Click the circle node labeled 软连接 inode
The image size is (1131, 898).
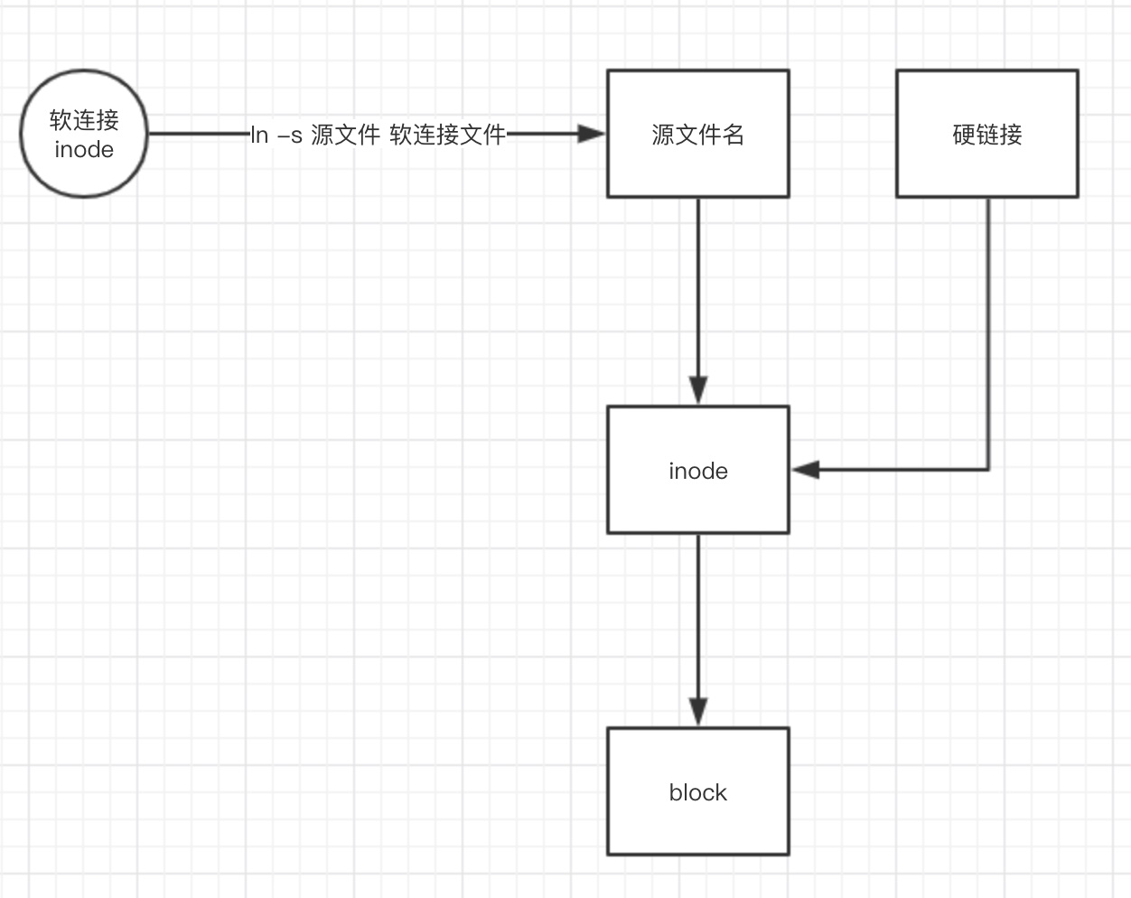pos(84,134)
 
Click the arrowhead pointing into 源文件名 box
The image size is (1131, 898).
pos(592,134)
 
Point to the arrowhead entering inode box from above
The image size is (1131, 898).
pos(697,390)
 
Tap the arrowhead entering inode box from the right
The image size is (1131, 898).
pos(805,470)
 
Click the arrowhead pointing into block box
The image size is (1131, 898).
pos(697,712)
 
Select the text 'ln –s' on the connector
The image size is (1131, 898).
pos(276,136)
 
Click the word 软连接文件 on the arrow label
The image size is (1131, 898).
pos(448,136)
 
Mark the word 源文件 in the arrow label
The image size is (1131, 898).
pos(345,136)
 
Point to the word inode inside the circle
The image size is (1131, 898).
pos(84,150)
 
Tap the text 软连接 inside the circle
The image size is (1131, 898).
pos(84,119)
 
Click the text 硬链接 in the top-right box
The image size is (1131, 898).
pos(986,135)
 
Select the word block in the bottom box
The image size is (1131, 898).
pos(697,792)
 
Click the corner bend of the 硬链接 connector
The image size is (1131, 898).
pos(987,470)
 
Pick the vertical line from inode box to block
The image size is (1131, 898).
pos(697,614)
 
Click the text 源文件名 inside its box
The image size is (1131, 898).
pos(697,135)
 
